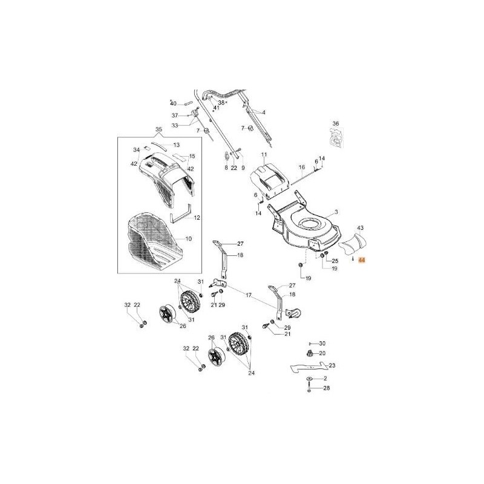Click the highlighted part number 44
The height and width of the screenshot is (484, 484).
pos(362,260)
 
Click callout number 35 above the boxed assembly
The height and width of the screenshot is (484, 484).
pos(159,130)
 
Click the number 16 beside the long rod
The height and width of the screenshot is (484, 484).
pos(301,167)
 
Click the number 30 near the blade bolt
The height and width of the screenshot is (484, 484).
pos(322,343)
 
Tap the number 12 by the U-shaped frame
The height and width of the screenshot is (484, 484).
pos(197,217)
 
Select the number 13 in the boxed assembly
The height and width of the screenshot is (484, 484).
pos(177,145)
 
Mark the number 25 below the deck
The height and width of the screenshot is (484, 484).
pos(335,260)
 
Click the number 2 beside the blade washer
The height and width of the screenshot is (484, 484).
pos(325,378)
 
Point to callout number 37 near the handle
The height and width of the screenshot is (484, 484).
pos(175,115)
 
